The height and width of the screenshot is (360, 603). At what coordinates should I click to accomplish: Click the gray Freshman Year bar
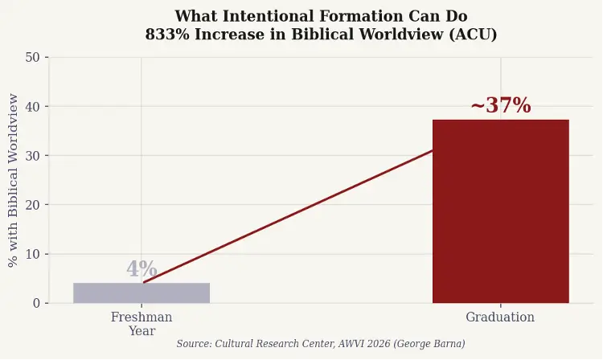tap(142, 293)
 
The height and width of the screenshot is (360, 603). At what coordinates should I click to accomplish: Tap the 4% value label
tap(142, 269)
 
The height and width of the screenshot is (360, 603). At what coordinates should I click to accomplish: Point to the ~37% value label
tap(500, 105)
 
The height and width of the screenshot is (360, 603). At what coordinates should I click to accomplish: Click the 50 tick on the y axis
tap(33, 57)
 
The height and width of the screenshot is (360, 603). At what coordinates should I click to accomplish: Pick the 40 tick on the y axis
tap(33, 106)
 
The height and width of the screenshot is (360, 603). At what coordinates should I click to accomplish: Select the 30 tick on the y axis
tap(33, 155)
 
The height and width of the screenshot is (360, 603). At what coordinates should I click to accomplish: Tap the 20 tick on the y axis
tap(33, 204)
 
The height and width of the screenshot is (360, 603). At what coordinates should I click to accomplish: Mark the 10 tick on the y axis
tap(33, 254)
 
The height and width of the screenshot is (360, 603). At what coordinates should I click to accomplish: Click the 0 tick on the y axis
tap(36, 303)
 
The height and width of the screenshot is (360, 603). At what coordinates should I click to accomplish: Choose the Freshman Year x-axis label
tap(142, 323)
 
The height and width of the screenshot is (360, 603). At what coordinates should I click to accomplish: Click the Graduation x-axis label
tap(500, 317)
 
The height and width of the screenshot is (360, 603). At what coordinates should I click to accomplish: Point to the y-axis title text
tap(13, 180)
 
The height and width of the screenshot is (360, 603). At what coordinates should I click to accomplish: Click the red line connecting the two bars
tap(289, 215)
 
